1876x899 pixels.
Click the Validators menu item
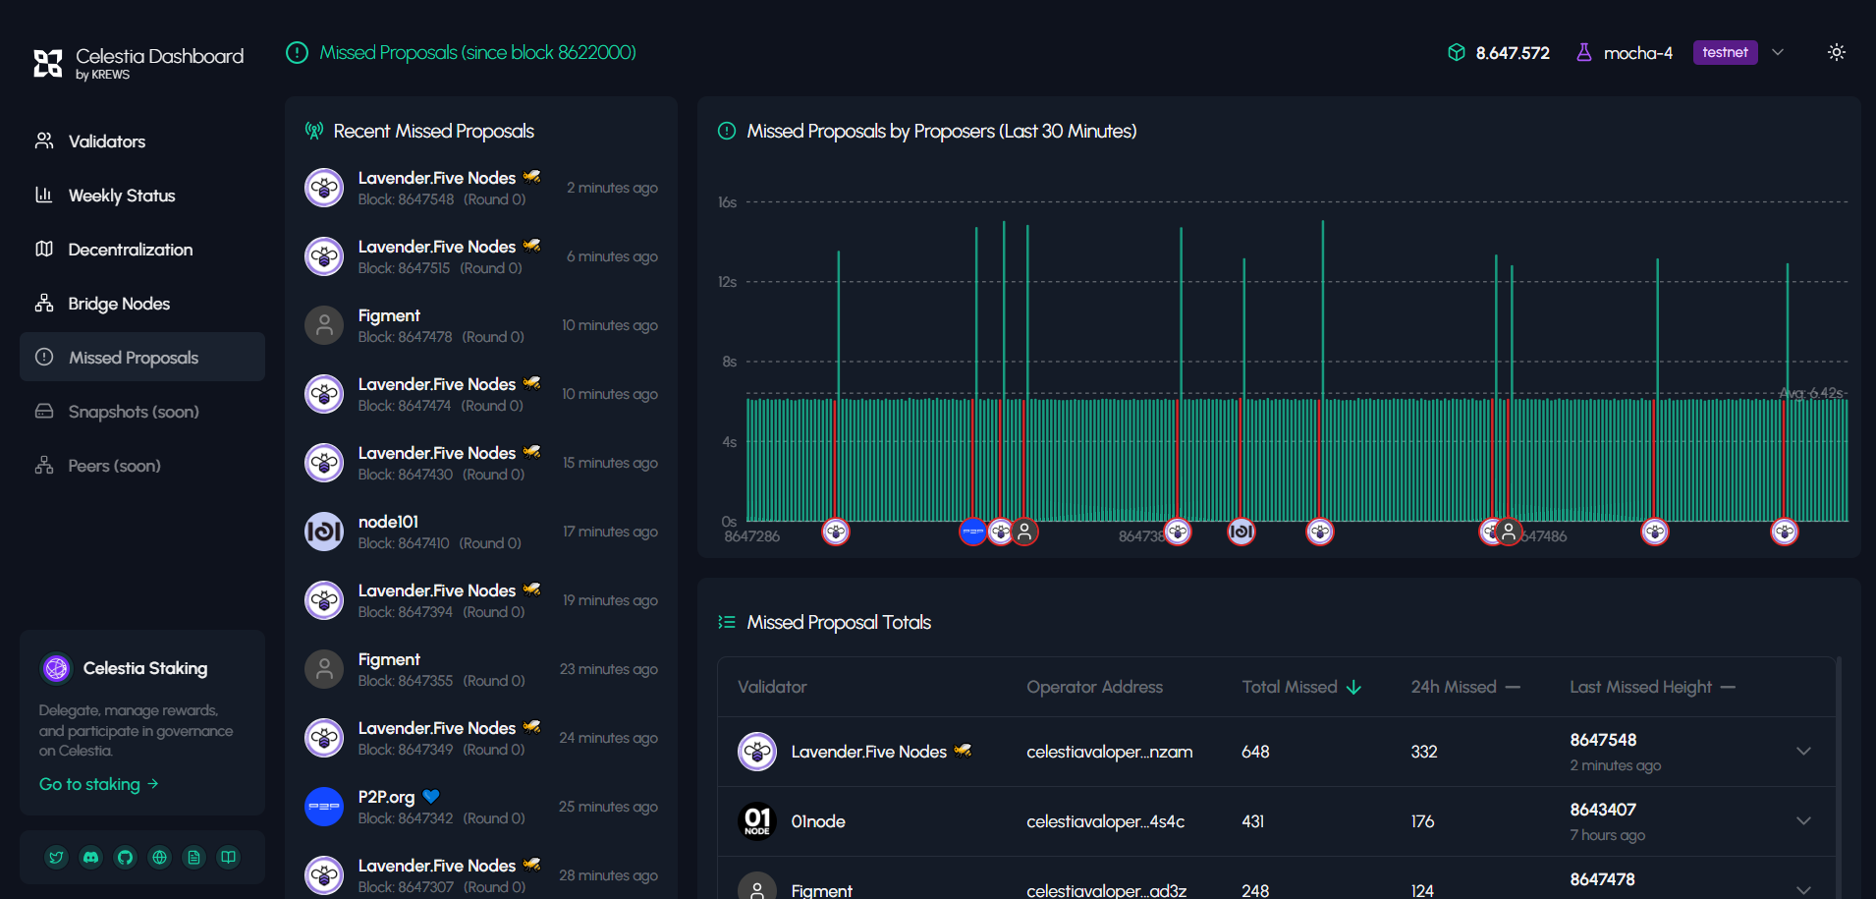pos(106,141)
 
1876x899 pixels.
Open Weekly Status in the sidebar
pos(121,196)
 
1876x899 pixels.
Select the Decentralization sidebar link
pos(130,250)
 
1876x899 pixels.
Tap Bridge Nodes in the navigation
pos(119,304)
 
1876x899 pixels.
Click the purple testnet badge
pos(1725,53)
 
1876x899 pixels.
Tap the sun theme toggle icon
pos(1836,53)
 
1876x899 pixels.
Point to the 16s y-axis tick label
pos(727,202)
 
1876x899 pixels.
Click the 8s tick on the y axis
pos(729,362)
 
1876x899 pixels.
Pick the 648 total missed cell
pos(1255,752)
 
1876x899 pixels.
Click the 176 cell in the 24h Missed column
pos(1422,821)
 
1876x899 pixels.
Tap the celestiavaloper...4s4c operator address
pos(1105,821)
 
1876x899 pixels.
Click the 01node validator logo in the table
pos(757,821)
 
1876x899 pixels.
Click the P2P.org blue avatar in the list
pos(324,807)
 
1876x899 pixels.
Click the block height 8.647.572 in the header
pos(1512,53)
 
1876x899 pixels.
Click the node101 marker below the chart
pos(1241,532)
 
